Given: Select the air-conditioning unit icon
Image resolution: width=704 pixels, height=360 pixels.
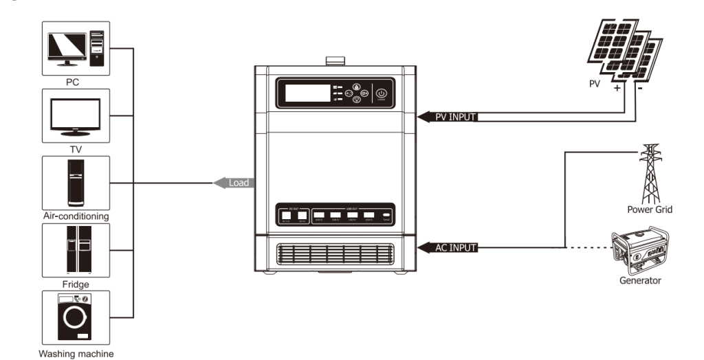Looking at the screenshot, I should (76, 183).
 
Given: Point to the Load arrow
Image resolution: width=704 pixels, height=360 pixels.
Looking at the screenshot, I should (232, 183).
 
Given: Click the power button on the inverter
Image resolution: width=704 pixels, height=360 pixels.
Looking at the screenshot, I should (383, 94).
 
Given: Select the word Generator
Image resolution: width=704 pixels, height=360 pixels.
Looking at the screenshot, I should (640, 281).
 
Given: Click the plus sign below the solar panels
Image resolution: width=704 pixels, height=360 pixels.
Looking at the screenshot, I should (617, 89).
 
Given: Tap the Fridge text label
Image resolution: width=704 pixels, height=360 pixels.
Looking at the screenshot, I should (76, 284).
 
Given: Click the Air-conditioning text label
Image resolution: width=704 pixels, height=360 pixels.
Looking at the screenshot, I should (76, 216).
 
